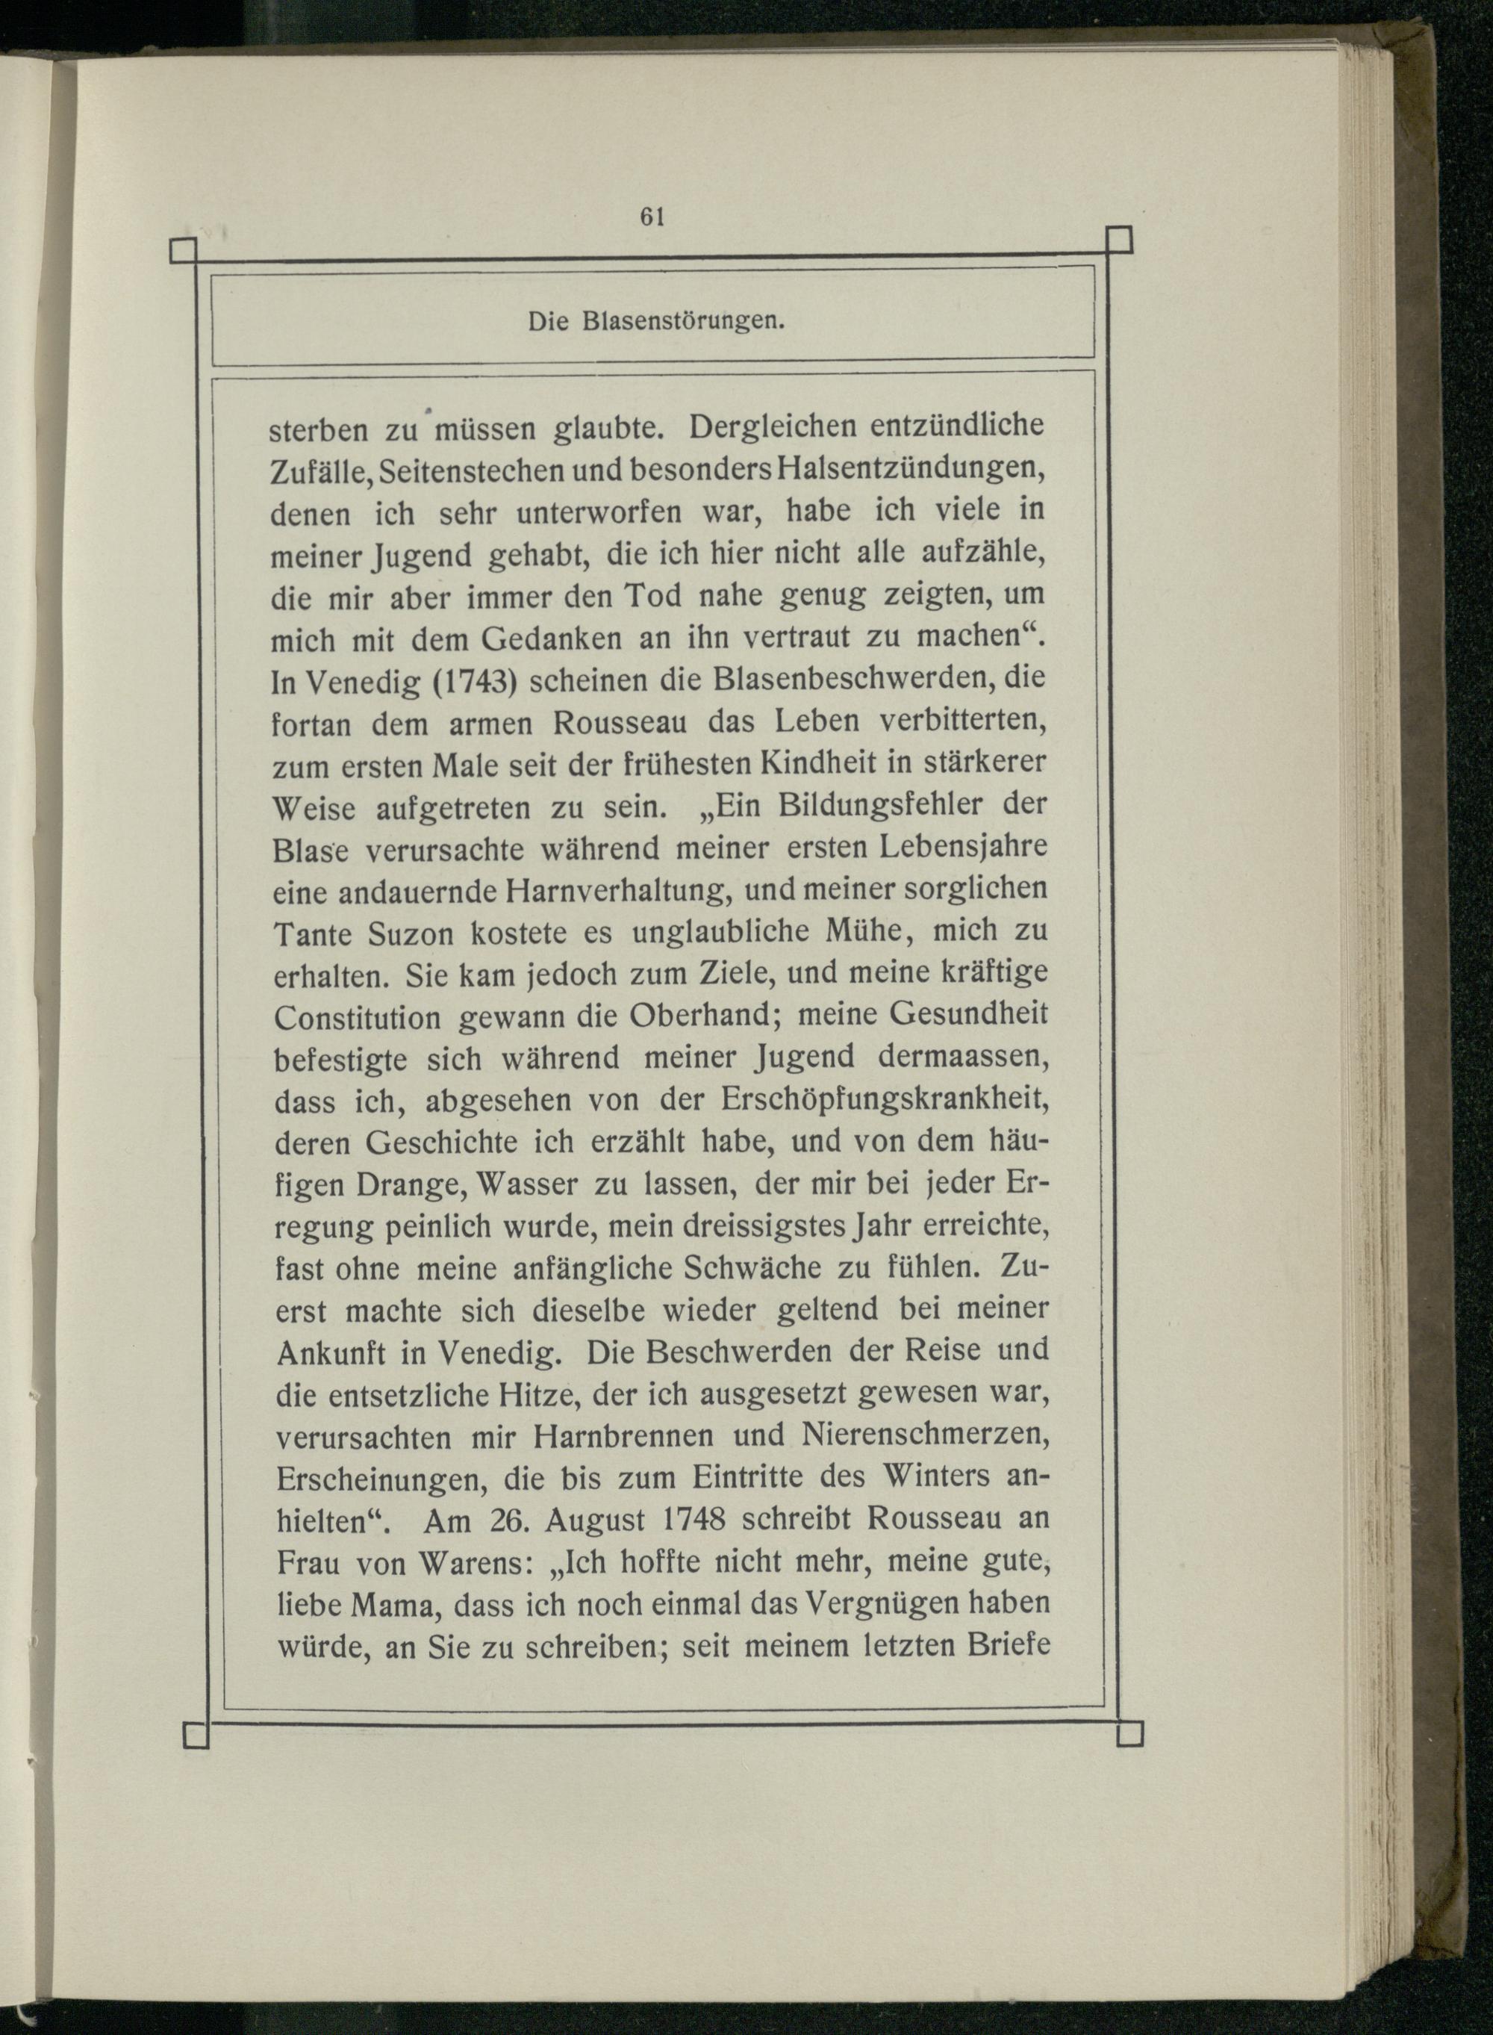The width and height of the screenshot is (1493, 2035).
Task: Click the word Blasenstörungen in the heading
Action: click(682, 321)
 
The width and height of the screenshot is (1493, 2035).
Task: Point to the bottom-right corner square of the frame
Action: click(1129, 1735)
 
